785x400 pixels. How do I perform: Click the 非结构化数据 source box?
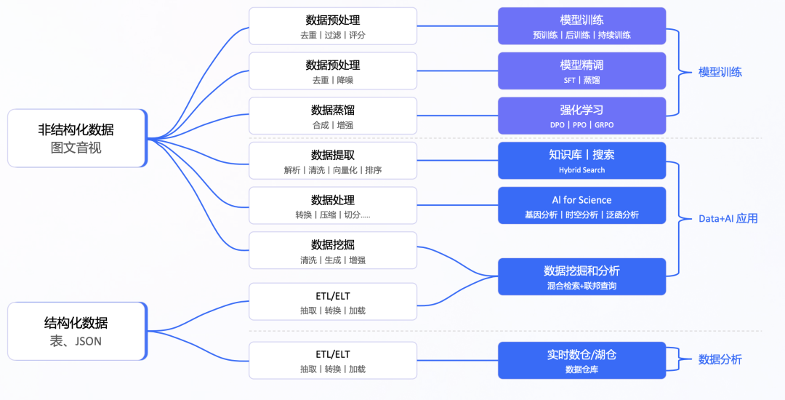[77, 138]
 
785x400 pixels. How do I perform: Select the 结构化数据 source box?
[77, 331]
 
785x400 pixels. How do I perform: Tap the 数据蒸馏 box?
[333, 116]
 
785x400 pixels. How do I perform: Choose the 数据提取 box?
[333, 161]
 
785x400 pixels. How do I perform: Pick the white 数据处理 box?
[333, 206]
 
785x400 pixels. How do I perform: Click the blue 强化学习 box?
[581, 116]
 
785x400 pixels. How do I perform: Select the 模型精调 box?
[581, 71]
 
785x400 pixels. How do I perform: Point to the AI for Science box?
[581, 206]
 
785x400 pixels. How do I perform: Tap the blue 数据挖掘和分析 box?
[581, 276]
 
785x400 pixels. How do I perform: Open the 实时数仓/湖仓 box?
[581, 361]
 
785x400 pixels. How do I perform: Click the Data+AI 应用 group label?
[728, 218]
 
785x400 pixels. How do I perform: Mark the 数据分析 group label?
[720, 359]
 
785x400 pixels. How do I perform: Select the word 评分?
[357, 35]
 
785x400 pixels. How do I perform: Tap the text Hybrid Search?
[581, 170]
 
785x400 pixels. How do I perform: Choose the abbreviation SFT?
[569, 80]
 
